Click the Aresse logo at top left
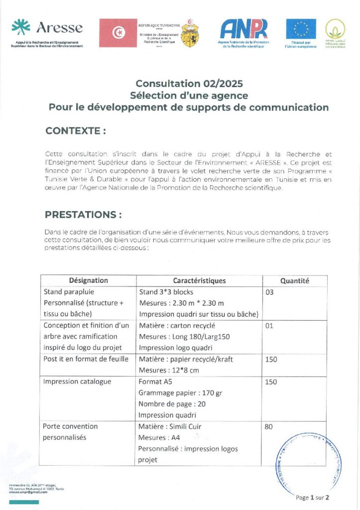click(47, 30)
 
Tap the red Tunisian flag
click(118, 33)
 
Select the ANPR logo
click(243, 29)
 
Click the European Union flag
click(301, 29)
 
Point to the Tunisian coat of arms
click(189, 33)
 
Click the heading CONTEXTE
click(76, 131)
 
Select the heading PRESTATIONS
click(84, 215)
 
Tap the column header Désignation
click(89, 280)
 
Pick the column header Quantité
click(295, 280)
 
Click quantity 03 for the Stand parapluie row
click(270, 292)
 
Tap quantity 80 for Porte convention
click(269, 426)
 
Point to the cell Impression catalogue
click(77, 382)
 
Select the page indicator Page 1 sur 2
click(312, 497)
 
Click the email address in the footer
click(26, 492)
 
